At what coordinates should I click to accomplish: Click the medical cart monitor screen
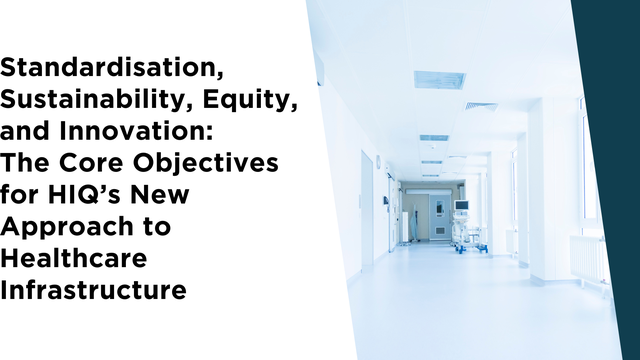point(462,207)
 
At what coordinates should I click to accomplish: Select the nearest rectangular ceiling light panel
point(439,79)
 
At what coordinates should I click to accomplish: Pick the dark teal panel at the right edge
point(612,180)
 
